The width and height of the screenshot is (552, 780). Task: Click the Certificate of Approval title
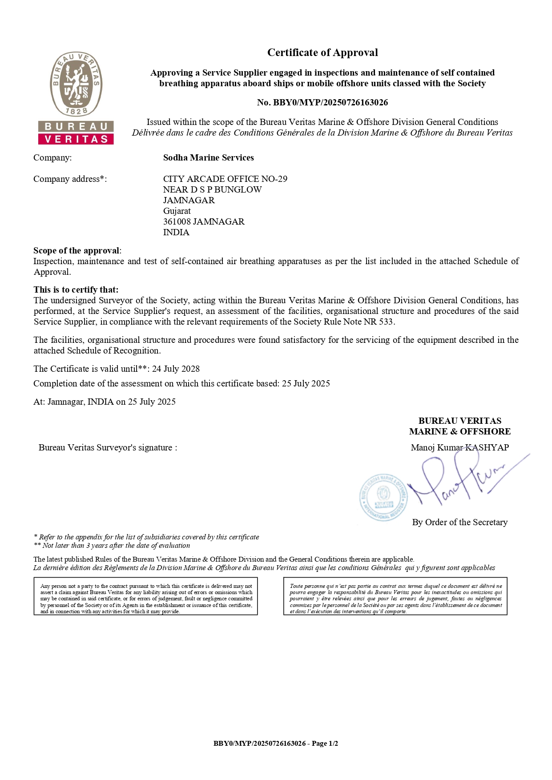322,52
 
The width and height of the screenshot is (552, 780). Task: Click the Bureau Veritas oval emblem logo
76,84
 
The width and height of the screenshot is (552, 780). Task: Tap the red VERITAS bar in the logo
76,139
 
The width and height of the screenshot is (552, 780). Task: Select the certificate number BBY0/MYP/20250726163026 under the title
330,103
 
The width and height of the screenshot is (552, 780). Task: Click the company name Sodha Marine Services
208,158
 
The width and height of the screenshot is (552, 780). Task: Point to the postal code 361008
177,221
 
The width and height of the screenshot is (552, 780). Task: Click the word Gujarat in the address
177,211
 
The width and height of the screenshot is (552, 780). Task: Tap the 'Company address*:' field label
70,179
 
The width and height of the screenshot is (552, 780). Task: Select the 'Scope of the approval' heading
77,250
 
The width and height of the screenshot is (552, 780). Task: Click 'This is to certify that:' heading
76,289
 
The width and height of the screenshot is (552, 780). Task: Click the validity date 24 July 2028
176,369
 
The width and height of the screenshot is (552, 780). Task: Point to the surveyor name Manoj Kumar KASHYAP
459,447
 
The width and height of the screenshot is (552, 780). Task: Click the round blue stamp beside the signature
383,497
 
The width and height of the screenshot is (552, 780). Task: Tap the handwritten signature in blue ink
463,480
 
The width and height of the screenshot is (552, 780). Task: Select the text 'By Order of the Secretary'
459,522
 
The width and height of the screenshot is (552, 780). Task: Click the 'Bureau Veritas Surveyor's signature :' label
108,447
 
